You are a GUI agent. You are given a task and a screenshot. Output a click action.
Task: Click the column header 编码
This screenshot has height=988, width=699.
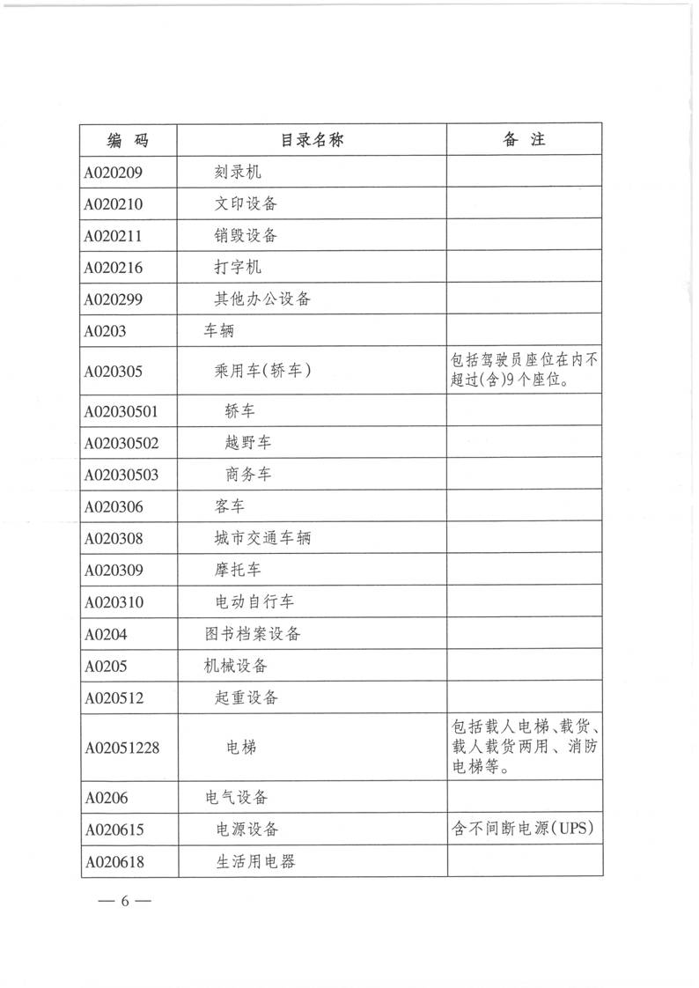pos(128,140)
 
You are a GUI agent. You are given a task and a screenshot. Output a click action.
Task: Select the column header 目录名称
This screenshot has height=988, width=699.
pos(312,140)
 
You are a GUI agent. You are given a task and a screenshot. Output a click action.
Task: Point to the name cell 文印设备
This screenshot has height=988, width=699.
pos(246,204)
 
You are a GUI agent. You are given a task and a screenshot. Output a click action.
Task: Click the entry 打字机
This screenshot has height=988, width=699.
pos(238,268)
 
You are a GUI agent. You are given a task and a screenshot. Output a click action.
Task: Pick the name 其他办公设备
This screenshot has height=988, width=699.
pos(262,299)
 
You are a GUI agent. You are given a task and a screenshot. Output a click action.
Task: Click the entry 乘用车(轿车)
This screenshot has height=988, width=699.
pos(262,371)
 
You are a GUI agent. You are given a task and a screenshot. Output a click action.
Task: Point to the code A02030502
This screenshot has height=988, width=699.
pos(121,443)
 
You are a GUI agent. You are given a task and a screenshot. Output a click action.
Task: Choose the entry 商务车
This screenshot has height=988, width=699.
pos(248,475)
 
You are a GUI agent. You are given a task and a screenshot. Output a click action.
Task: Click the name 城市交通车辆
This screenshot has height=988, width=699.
pos(262,538)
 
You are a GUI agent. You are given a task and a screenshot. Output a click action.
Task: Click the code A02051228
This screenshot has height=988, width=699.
pos(121,748)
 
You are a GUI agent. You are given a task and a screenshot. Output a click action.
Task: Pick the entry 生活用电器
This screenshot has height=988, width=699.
pos(255,860)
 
